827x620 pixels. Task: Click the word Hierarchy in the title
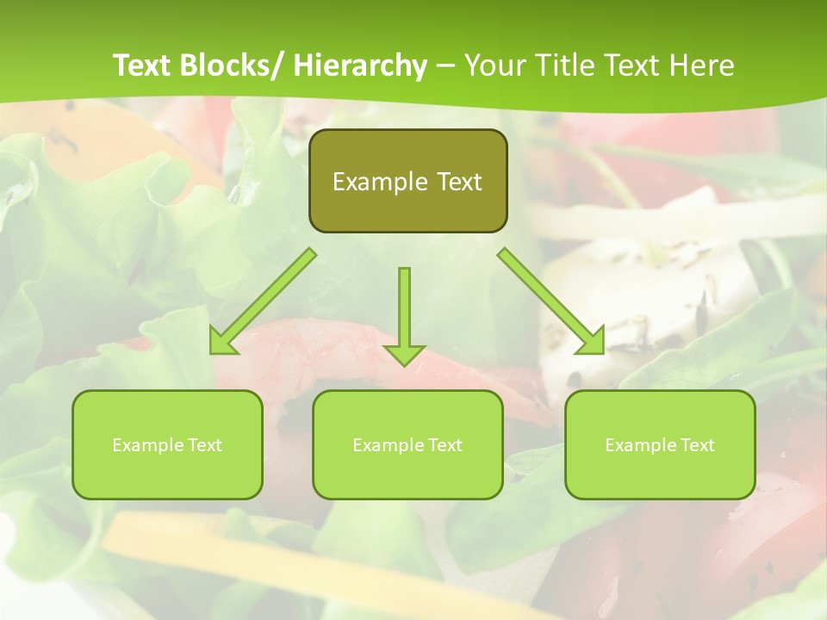click(x=360, y=65)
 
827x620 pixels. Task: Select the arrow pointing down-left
click(x=267, y=298)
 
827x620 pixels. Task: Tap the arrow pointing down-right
click(x=547, y=298)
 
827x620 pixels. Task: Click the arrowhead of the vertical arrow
click(x=404, y=354)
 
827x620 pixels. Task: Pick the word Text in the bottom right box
click(x=699, y=445)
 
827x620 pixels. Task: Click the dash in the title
click(x=445, y=65)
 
